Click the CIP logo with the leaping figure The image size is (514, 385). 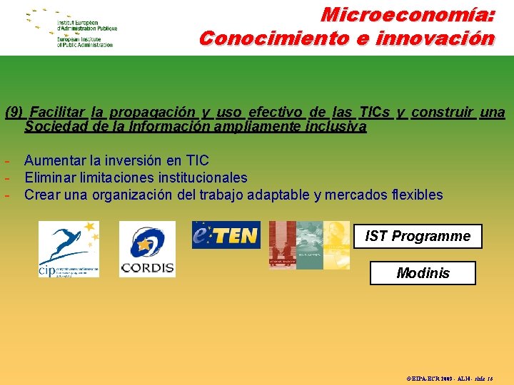coord(69,249)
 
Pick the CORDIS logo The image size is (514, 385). coord(147,249)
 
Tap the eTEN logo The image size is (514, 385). coord(226,235)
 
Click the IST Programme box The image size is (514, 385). coord(418,236)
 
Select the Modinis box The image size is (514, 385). coord(423,273)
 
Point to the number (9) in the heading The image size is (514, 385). coord(15,112)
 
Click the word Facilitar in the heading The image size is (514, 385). coord(58,112)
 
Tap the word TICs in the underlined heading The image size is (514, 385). coord(375,112)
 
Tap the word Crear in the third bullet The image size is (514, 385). coord(42,195)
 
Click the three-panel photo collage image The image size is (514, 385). coord(309,245)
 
